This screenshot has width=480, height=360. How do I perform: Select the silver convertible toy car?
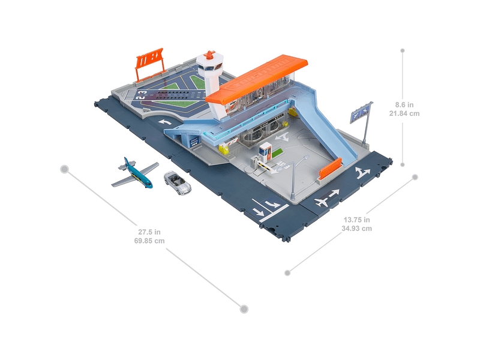pos(177,182)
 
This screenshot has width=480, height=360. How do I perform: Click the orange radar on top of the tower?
pos(209,55)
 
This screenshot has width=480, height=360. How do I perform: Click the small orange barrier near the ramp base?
pos(331,168)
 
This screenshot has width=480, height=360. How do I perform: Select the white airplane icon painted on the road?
pos(323,200)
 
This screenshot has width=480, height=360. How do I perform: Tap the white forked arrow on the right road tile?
pos(362,173)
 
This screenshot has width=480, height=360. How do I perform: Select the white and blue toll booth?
pos(265,152)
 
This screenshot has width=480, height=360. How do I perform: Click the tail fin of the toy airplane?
pos(125,163)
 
